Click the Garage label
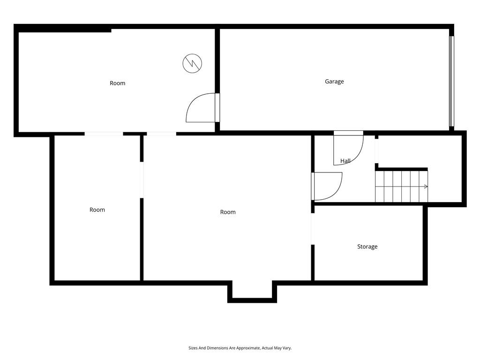(334, 82)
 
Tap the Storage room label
(367, 247)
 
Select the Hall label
(345, 161)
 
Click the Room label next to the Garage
(117, 83)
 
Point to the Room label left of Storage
(228, 212)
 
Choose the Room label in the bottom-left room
(97, 210)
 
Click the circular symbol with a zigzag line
(192, 63)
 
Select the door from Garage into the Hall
(349, 148)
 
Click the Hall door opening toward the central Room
(327, 186)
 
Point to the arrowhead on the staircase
(426, 187)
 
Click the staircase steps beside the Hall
(401, 187)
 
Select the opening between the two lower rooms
(142, 180)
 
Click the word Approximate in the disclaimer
(246, 348)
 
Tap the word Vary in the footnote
(286, 348)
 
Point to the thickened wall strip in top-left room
(64, 30)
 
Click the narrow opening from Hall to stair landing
(376, 150)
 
